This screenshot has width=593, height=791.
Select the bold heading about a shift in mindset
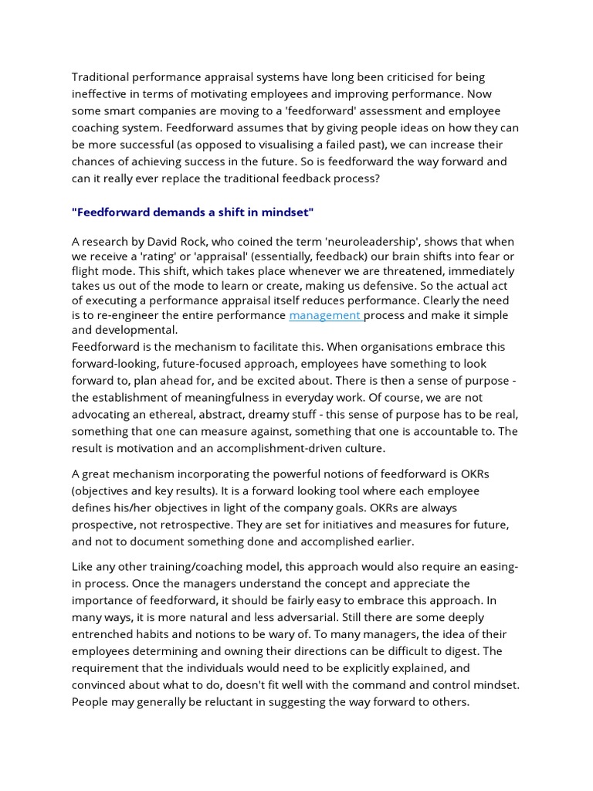(x=193, y=212)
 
